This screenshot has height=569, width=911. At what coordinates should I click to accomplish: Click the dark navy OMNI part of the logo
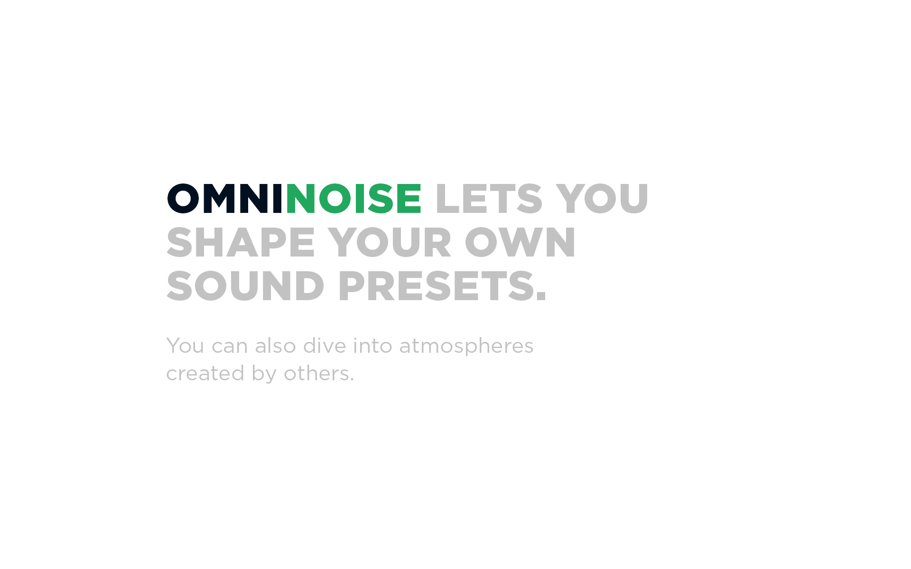[225, 199]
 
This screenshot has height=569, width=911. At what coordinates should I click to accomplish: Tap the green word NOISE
[353, 199]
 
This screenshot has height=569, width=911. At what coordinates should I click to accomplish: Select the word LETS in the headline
[489, 199]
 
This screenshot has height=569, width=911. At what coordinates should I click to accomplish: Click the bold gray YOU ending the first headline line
[602, 199]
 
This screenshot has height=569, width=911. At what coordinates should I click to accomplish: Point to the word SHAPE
[241, 242]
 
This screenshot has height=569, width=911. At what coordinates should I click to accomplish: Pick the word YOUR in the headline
[389, 242]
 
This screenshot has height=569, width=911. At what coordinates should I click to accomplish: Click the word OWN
[520, 242]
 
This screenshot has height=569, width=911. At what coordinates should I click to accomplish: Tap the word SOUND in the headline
[245, 286]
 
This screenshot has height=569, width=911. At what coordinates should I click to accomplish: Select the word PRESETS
[436, 286]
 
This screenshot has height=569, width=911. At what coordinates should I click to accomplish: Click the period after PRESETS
[541, 297]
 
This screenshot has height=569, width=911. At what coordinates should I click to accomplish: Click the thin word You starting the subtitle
[185, 346]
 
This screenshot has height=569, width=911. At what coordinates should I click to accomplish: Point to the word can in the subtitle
[230, 348]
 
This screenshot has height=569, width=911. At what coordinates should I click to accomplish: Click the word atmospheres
[466, 348]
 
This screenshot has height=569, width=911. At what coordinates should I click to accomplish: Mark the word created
[205, 373]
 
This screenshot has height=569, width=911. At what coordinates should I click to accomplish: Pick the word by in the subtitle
[264, 375]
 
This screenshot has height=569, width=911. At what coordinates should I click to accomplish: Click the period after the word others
[352, 380]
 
